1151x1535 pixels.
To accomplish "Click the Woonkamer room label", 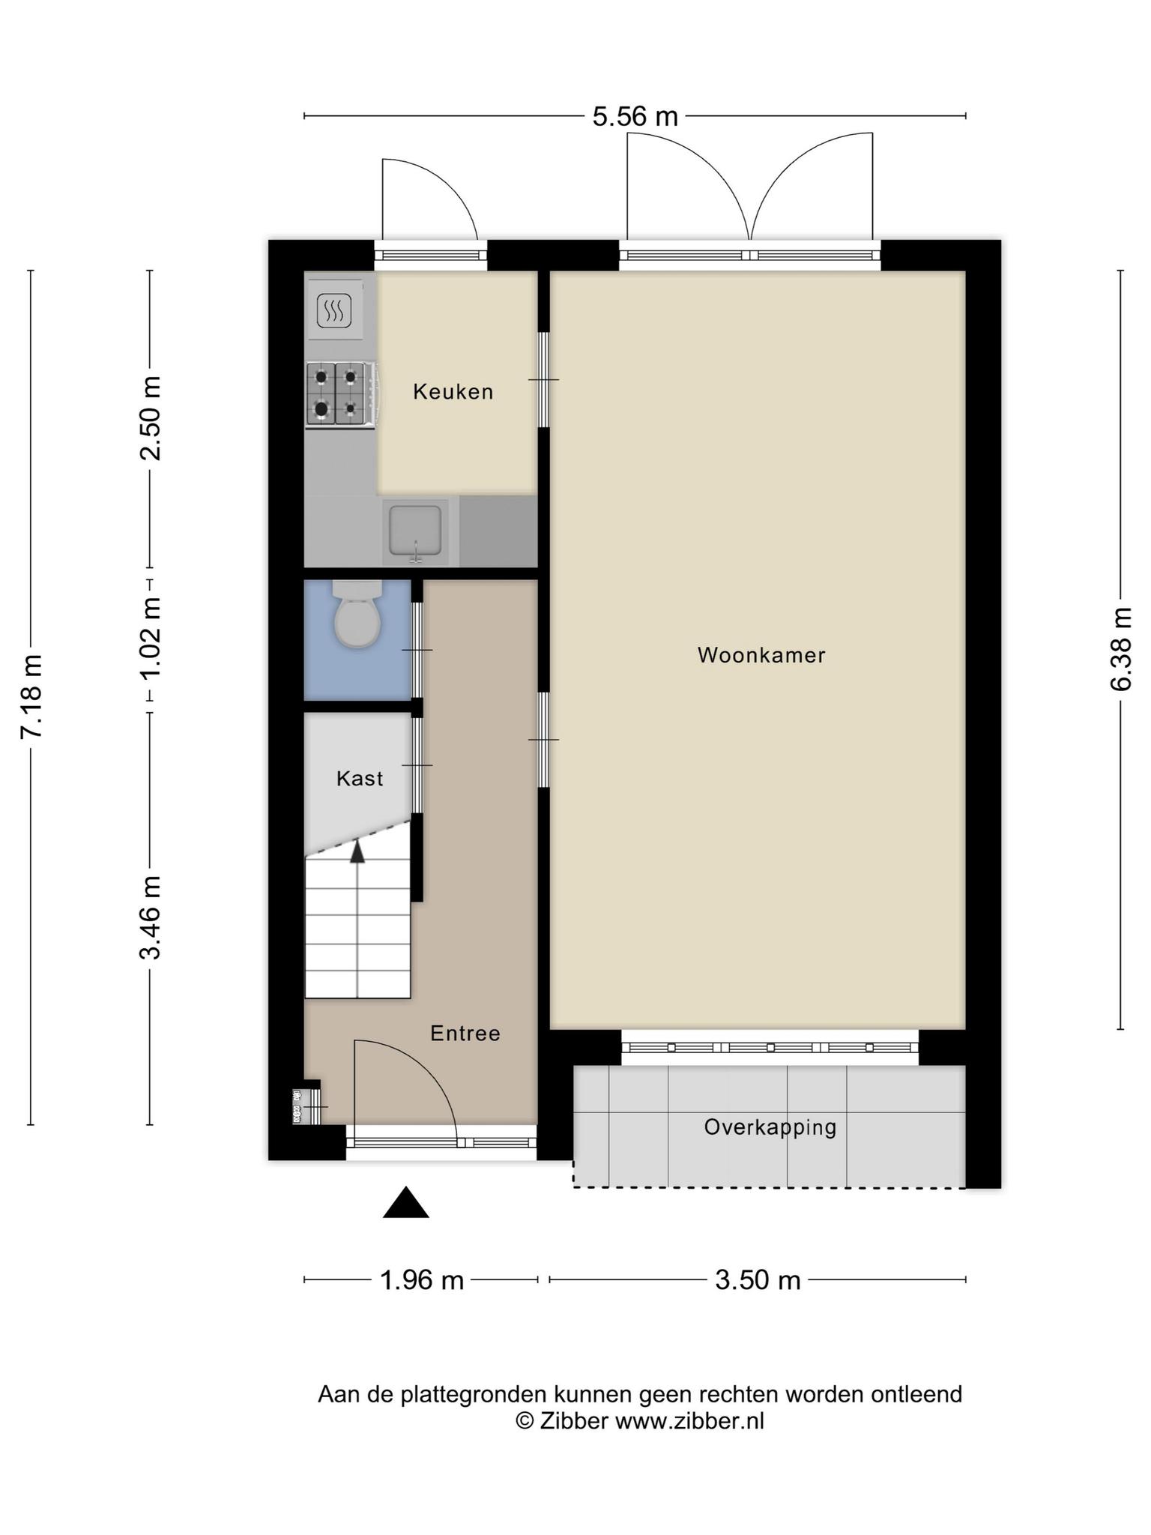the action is click(761, 655).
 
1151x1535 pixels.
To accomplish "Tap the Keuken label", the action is click(453, 391).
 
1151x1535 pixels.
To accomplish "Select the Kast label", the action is click(360, 779).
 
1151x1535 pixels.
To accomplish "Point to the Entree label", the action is click(465, 1034).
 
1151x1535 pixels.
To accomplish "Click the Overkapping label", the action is click(770, 1128).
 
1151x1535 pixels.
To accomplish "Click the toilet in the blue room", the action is click(357, 613).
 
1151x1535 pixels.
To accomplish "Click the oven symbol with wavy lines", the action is click(334, 310).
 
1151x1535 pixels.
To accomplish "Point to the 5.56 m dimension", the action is click(635, 117).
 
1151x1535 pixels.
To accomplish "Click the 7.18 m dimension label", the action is click(31, 697).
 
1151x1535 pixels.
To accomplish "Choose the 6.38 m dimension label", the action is click(1121, 649).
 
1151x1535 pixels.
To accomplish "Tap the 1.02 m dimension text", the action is click(151, 638).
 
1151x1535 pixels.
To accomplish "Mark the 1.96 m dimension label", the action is click(422, 1280).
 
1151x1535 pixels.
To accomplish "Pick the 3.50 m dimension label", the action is click(758, 1280).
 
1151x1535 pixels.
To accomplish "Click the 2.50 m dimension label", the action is click(151, 418).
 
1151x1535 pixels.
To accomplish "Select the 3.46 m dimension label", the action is click(151, 917).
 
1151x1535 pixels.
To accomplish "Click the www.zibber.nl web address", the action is click(690, 1421).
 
